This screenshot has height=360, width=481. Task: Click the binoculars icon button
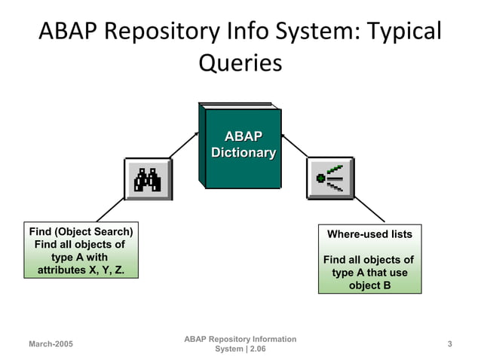click(148, 179)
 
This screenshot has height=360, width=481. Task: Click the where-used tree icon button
click(330, 178)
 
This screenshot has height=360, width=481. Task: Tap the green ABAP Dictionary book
click(240, 147)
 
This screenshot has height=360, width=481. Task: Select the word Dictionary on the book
click(243, 153)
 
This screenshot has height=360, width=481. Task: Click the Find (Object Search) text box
click(81, 251)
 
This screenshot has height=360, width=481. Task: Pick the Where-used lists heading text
click(369, 234)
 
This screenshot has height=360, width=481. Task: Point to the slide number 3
click(449, 344)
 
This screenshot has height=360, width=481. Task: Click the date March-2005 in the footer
click(51, 344)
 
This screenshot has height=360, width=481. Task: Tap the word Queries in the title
click(240, 63)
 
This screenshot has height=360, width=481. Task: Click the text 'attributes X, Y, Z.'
click(81, 270)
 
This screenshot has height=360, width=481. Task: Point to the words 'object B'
click(369, 285)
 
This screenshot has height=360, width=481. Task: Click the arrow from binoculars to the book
click(184, 145)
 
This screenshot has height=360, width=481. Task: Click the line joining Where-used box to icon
click(369, 211)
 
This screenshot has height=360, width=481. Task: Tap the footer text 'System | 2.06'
click(240, 349)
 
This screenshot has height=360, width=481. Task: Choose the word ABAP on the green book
click(243, 136)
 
